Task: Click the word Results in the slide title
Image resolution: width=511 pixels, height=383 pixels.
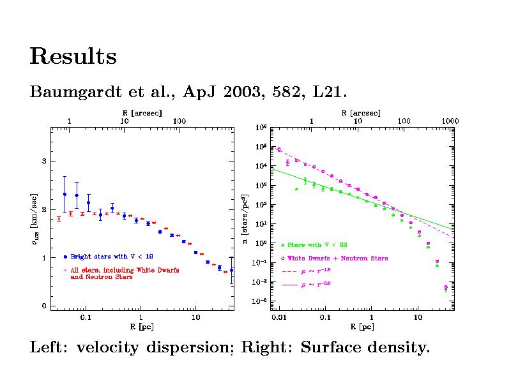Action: [x=73, y=57]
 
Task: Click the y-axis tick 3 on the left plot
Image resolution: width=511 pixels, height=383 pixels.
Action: [x=44, y=161]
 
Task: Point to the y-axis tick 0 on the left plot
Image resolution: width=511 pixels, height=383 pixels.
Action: [x=44, y=306]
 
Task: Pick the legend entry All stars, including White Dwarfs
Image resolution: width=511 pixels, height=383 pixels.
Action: [x=125, y=270]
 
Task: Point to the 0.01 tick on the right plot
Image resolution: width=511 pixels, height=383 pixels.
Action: [x=278, y=317]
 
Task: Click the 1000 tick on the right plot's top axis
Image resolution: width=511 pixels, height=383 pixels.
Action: [x=450, y=121]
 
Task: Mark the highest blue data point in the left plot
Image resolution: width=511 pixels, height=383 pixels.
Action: [x=65, y=194]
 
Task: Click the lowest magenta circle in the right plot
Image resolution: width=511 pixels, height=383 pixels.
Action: [x=446, y=287]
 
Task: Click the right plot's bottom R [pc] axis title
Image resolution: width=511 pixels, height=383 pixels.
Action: [x=362, y=327]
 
